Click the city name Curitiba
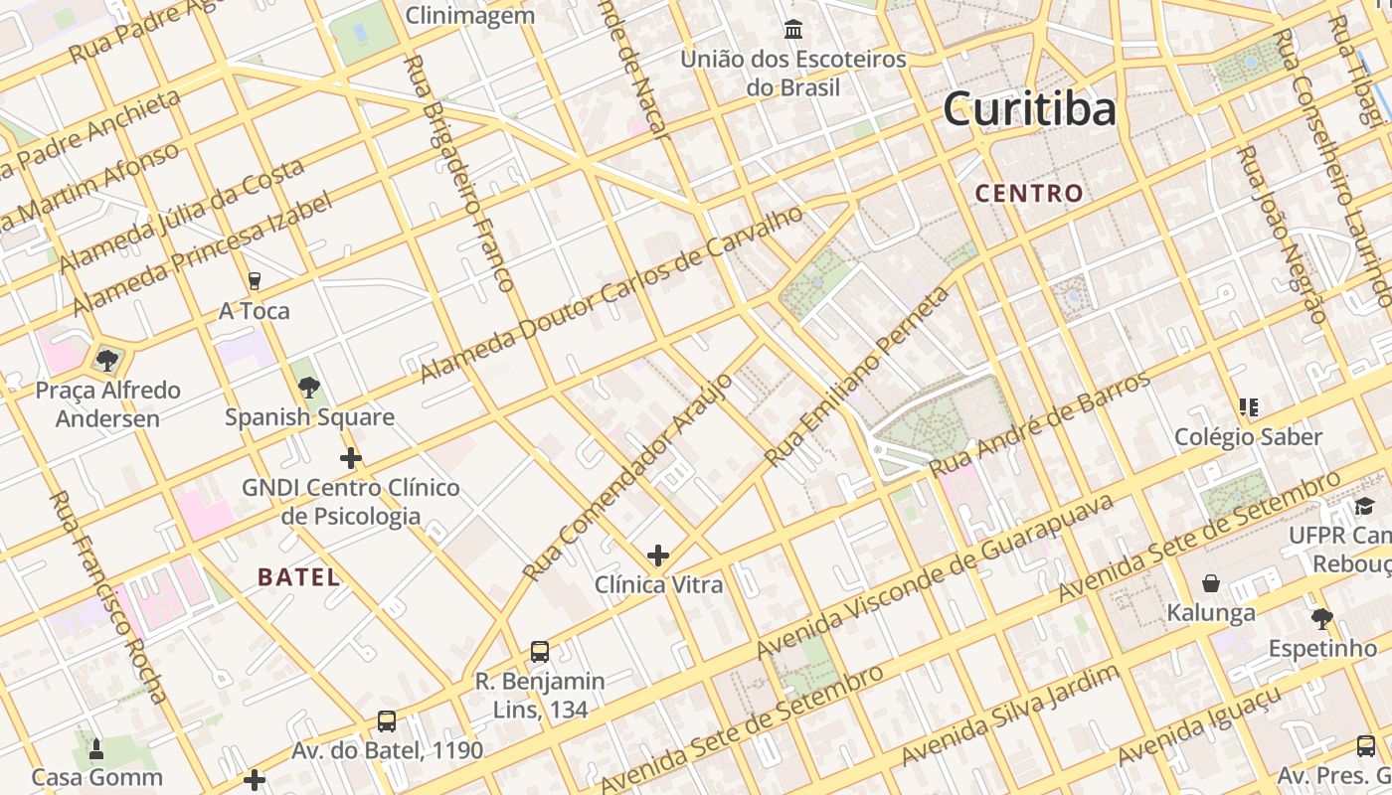(1029, 108)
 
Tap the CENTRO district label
(1029, 193)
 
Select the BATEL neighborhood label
(298, 576)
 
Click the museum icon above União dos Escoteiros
(793, 30)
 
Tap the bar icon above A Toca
(254, 281)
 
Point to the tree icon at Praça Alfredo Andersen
(107, 360)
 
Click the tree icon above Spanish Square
(309, 388)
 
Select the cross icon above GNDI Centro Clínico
(350, 458)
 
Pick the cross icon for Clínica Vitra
(657, 555)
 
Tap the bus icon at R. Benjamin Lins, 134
(540, 651)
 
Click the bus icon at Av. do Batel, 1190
(387, 720)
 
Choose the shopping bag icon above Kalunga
(1211, 582)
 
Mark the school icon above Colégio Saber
(1249, 406)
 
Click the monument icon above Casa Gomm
(96, 747)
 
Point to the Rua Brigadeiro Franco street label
(458, 174)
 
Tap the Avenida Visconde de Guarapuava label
(935, 576)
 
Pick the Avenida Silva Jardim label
(1009, 714)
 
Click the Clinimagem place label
(470, 15)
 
